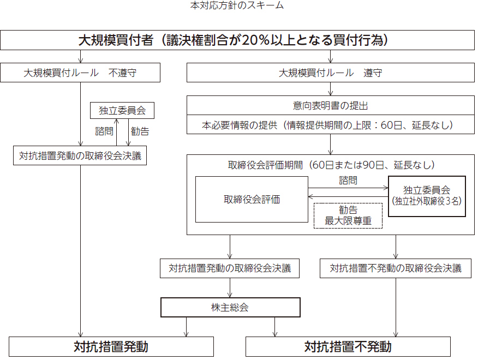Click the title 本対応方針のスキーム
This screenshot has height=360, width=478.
click(237, 5)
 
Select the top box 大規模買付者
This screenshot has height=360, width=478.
click(237, 40)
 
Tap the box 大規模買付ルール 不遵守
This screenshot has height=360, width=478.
click(80, 73)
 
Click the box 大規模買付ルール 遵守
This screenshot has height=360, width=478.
click(331, 73)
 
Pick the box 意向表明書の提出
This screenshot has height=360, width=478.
click(331, 105)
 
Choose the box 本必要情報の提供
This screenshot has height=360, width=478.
click(331, 124)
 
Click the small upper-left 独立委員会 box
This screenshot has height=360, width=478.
click(122, 110)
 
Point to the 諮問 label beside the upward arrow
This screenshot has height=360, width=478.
click(104, 131)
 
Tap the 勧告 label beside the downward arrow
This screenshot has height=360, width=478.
click(140, 131)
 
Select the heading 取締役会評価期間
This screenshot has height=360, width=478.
click(331, 165)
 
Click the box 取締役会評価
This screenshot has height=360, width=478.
click(252, 199)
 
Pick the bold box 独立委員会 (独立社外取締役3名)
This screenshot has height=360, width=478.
click(427, 196)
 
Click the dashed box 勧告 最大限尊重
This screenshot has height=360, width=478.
click(348, 215)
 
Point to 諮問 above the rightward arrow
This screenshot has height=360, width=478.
click(348, 180)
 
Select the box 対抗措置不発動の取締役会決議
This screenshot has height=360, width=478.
click(396, 268)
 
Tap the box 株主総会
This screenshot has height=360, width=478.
click(230, 307)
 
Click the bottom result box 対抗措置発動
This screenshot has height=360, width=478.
click(111, 346)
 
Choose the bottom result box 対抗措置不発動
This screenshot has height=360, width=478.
click(348, 346)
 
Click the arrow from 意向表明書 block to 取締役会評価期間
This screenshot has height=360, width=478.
click(331, 145)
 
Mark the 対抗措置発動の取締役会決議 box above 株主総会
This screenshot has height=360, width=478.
click(230, 268)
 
